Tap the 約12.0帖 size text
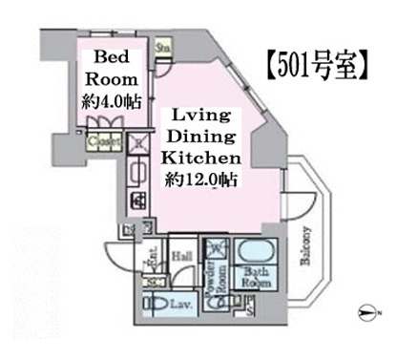coord(199,180)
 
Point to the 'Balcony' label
coord(308,249)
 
